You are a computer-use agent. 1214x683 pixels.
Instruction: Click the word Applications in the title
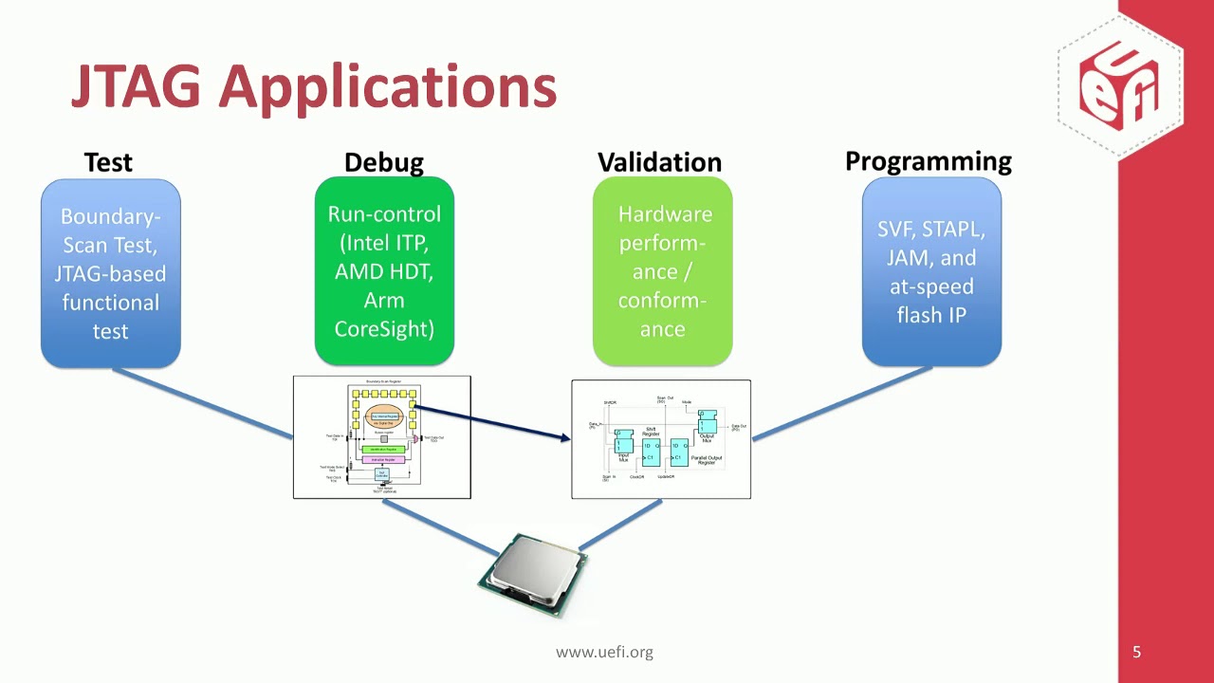(387, 88)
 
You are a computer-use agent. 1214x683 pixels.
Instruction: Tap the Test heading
(108, 162)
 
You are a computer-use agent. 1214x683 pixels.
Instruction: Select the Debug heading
(383, 162)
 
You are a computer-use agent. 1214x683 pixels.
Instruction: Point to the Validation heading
(659, 162)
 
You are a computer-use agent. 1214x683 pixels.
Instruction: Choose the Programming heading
(928, 161)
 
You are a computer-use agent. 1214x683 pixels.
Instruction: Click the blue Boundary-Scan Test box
(110, 273)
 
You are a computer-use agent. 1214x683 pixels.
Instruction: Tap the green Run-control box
(383, 271)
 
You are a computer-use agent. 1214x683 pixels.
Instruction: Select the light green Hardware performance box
(662, 271)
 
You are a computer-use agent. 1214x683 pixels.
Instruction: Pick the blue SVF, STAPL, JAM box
(931, 271)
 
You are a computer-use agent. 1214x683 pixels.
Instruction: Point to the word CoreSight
(383, 329)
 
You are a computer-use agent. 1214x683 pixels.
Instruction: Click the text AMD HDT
(383, 271)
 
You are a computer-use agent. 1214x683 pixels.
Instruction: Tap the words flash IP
(931, 315)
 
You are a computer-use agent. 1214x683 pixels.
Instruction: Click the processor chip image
(533, 574)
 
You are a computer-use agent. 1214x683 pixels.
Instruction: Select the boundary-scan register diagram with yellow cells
(381, 437)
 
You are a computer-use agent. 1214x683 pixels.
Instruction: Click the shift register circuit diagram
(661, 438)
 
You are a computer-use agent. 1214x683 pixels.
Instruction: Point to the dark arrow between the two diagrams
(493, 422)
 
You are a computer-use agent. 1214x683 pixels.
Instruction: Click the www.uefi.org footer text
(604, 652)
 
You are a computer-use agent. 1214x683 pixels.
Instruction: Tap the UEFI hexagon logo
(1120, 84)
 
